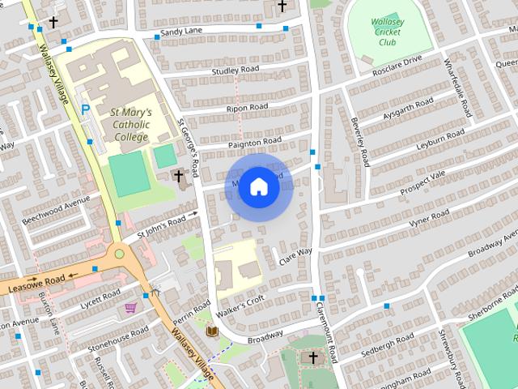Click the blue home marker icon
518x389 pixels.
click(258, 186)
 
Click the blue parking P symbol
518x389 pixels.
click(85, 108)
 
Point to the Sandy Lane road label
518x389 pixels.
click(181, 32)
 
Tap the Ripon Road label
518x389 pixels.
click(247, 107)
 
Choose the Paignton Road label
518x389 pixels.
click(254, 141)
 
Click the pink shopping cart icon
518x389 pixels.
click(130, 307)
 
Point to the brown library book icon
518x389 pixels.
click(212, 331)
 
